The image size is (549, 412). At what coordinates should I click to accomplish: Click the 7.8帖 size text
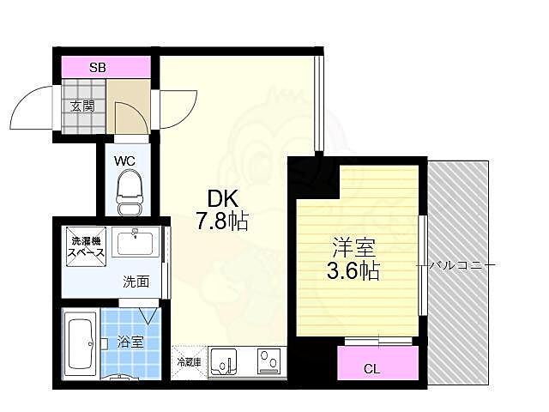pos(220,222)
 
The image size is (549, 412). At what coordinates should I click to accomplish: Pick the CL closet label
pos(371,369)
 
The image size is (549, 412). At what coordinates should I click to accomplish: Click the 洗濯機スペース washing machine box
pos(87,247)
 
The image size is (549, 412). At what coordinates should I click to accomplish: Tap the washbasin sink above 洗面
pos(136,245)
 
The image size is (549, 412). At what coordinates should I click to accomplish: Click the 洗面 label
pos(136,281)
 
